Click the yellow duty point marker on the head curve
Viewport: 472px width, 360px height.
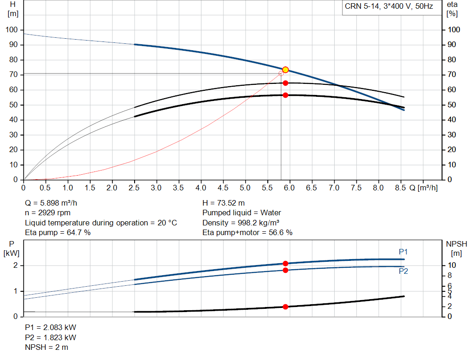(285, 70)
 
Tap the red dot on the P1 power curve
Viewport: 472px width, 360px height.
(285, 263)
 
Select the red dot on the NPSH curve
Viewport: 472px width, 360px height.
(285, 307)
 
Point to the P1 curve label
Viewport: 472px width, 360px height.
(403, 252)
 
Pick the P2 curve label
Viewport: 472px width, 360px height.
(403, 271)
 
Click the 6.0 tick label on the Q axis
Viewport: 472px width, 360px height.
(289, 188)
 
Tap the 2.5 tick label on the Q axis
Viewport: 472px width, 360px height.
(134, 188)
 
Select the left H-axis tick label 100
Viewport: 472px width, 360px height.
(12, 30)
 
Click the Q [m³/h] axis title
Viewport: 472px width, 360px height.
(423, 188)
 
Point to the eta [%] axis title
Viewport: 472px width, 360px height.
(452, 9)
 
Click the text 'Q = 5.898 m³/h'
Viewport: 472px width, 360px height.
(51, 203)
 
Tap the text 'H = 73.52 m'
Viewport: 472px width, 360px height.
(224, 203)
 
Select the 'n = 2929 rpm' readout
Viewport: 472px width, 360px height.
(47, 213)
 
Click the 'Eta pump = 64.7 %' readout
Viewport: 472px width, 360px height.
(58, 233)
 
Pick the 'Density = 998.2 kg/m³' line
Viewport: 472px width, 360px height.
(241, 223)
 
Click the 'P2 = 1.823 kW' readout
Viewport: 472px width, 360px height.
(51, 337)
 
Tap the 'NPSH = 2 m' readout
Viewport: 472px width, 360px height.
(47, 348)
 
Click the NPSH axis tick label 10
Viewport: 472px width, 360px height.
(452, 266)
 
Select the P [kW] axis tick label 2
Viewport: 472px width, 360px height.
(15, 266)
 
